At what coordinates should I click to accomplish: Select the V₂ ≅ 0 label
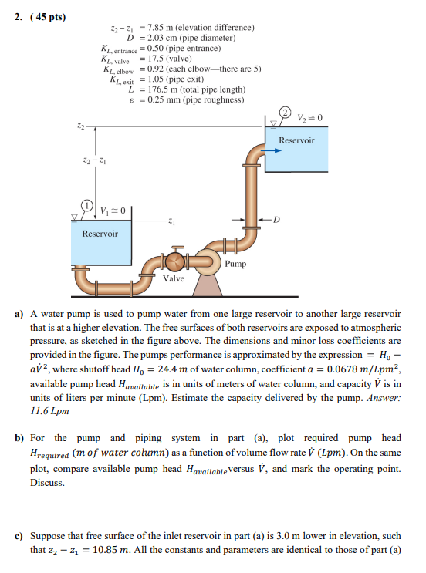coord(306,119)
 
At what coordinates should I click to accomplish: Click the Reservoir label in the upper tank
coord(296,140)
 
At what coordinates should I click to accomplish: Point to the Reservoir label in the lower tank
coord(100,234)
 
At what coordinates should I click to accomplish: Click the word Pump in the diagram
coord(236,265)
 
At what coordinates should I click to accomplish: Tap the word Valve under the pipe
coord(174,278)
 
